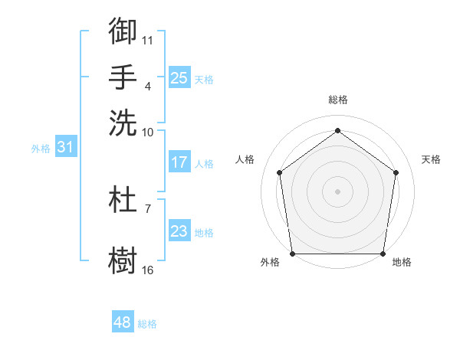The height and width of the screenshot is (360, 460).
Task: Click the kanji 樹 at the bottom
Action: click(x=123, y=258)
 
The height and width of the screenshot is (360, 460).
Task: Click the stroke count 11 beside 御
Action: click(x=148, y=39)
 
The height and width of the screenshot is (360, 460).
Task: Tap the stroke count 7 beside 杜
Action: click(x=147, y=208)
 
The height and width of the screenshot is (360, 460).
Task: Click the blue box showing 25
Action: click(x=179, y=77)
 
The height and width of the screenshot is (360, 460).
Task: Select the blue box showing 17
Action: click(x=179, y=162)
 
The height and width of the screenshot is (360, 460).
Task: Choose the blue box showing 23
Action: click(x=179, y=231)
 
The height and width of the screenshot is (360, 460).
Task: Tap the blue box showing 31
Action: click(x=64, y=148)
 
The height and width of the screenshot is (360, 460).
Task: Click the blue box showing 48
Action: click(x=122, y=322)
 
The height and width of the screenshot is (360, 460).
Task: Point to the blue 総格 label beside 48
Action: click(x=147, y=324)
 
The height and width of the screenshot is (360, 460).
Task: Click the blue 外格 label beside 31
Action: click(x=41, y=149)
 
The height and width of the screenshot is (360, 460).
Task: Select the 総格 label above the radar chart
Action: click(x=337, y=100)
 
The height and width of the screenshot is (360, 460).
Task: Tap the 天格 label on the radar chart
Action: click(x=431, y=159)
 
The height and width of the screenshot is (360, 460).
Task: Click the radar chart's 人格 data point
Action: click(x=279, y=172)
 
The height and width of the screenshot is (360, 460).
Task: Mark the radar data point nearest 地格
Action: click(x=383, y=254)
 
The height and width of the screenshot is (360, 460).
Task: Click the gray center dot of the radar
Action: click(x=337, y=191)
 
